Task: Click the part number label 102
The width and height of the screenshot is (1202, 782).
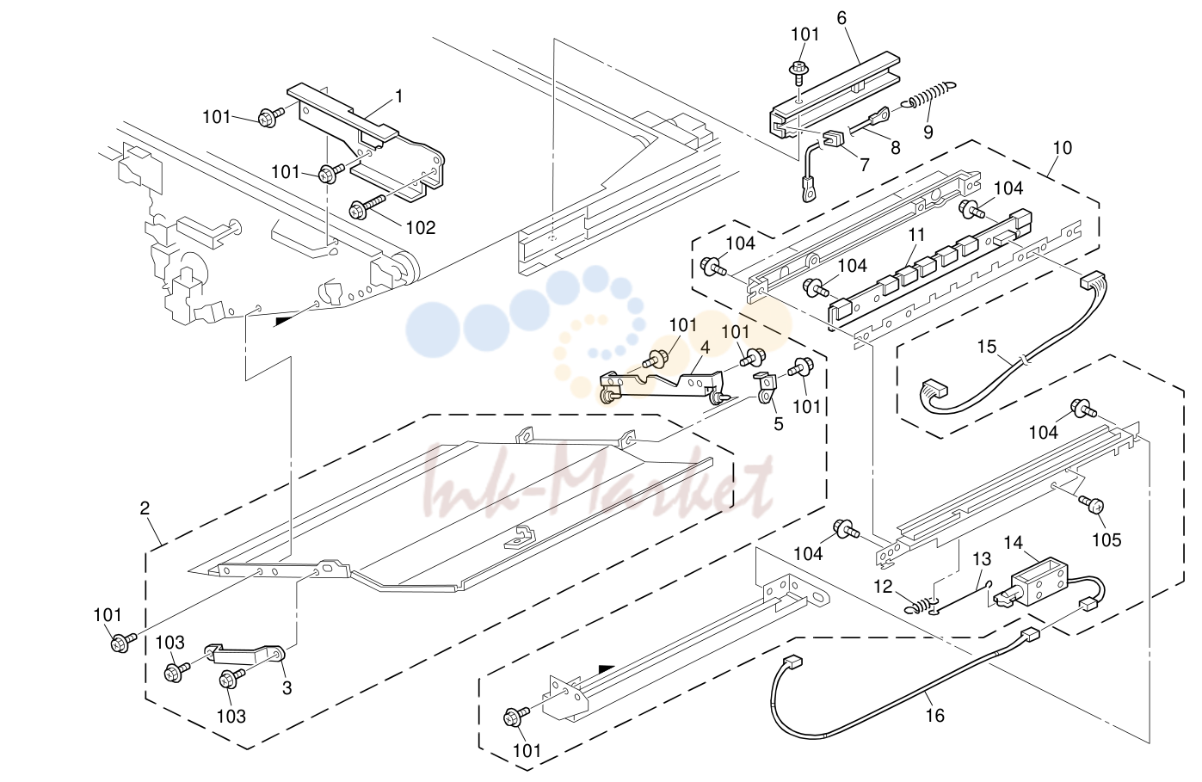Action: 421,228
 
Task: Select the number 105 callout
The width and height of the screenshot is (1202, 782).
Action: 1107,539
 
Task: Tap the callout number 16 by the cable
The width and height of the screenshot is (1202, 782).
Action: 934,715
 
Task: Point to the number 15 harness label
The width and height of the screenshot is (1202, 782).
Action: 986,347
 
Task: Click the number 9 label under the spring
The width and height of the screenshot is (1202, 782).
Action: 928,132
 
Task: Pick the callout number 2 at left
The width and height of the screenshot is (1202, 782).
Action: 145,508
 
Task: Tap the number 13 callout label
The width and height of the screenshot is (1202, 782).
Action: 982,559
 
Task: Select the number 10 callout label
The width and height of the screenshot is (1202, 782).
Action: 1062,147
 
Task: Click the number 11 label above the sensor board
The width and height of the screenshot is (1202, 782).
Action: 916,235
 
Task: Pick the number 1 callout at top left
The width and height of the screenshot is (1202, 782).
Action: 398,96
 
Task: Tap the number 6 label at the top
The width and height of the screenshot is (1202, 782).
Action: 841,18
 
